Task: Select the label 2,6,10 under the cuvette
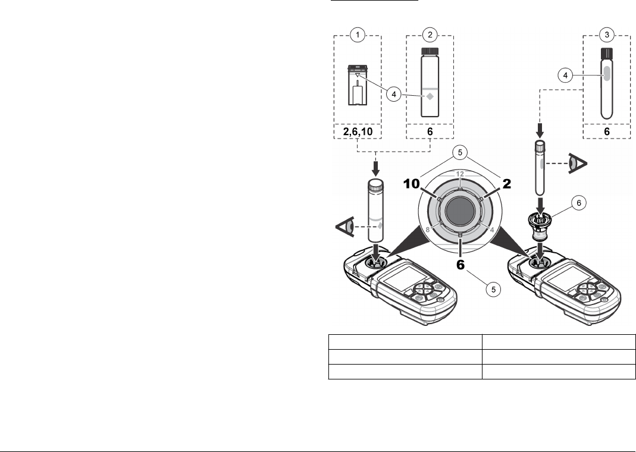pos(356,131)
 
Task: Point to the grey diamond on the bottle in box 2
pos(429,97)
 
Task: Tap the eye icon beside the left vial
pos(347,227)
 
